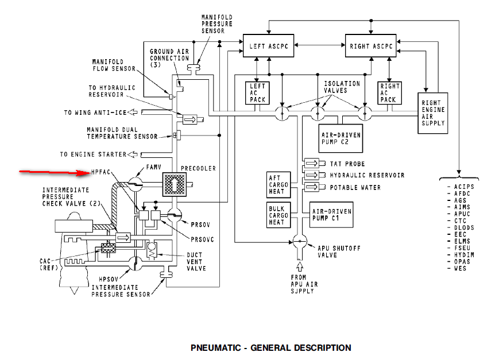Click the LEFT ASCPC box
[x=269, y=47]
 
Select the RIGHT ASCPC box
[x=370, y=47]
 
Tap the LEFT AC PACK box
[x=256, y=92]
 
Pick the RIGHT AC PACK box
[x=389, y=92]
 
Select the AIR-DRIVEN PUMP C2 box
[x=342, y=136]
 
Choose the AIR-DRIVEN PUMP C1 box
[x=331, y=215]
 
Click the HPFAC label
[x=101, y=172]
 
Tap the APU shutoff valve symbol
[x=298, y=241]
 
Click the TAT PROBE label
[x=347, y=164]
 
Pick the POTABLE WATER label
[x=354, y=187]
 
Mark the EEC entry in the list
[x=459, y=235]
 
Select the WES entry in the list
[x=459, y=268]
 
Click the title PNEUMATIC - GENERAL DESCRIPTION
[x=270, y=347]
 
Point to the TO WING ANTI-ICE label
[x=94, y=113]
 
